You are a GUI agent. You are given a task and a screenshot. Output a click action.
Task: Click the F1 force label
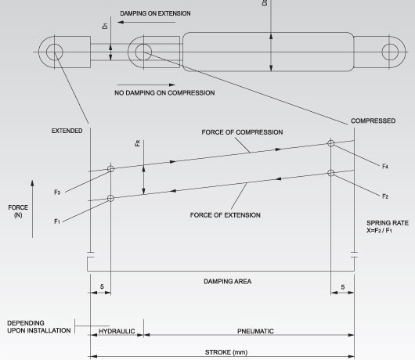[x=57, y=221]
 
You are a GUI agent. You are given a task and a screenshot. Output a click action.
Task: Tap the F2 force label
[x=385, y=196]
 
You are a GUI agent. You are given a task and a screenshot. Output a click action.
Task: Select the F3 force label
[x=57, y=193]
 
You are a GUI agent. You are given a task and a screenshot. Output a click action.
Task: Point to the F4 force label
[x=385, y=167]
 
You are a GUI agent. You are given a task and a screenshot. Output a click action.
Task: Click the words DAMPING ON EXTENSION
[x=155, y=13]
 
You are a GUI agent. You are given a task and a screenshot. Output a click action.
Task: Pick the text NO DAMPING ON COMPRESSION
[x=164, y=93]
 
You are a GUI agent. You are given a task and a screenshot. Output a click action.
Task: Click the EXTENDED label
[x=67, y=131]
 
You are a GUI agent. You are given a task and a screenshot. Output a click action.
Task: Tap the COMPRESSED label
[x=373, y=121]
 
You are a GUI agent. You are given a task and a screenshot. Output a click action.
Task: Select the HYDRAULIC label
[x=117, y=331]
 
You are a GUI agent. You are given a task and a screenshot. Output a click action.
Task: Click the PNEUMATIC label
[x=256, y=331]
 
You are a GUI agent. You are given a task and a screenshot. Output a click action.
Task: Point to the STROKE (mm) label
[x=226, y=352]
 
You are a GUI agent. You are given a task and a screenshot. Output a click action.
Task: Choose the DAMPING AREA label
[x=228, y=282]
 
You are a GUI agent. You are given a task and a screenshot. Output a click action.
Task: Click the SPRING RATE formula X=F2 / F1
[x=379, y=230]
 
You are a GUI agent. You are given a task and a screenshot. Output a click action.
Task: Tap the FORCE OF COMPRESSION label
[x=242, y=132]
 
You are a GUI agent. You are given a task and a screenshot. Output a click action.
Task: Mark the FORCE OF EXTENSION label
[x=226, y=215]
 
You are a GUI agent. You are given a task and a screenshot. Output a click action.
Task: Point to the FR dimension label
[x=138, y=143]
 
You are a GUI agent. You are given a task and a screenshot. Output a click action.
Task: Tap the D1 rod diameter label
[x=105, y=26]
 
